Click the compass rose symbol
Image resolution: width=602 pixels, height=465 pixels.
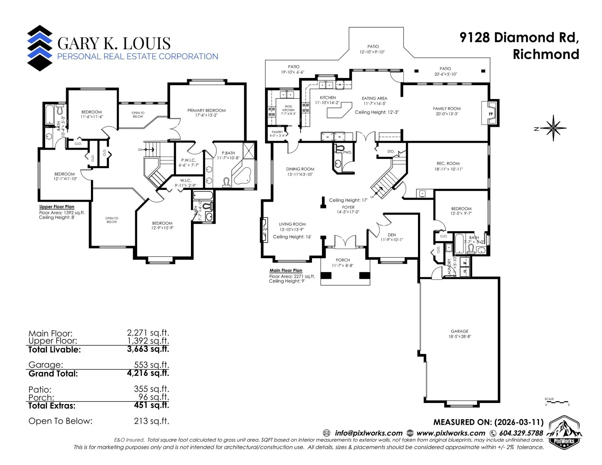pos(553,128)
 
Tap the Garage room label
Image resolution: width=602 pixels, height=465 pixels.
pos(459,331)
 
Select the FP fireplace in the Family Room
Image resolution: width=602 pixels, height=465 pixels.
pos(491,113)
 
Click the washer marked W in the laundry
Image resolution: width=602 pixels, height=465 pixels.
pos(465,263)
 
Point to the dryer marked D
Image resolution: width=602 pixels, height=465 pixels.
pos(465,271)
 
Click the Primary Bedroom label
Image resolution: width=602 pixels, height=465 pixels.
pos(206,110)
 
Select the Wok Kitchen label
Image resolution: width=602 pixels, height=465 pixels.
pos(288,108)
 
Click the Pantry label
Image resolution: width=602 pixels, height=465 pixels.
pos(277,132)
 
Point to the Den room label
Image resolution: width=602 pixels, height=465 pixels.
pos(392,235)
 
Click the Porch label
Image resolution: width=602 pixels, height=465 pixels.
pos(343,260)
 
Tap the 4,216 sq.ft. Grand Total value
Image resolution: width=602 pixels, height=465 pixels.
pos(148,373)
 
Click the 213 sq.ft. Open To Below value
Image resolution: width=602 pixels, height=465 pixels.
pos(151,421)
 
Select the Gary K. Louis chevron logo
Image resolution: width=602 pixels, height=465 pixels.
pos(40,48)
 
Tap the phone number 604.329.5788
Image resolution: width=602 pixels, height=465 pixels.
pos(521,433)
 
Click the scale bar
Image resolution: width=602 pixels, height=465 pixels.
pos(557,402)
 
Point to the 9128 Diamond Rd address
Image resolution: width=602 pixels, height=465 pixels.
pos(519,38)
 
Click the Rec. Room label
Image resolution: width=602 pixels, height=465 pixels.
pos(448,163)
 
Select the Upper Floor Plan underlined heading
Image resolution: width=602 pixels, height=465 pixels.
pos(57,207)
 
